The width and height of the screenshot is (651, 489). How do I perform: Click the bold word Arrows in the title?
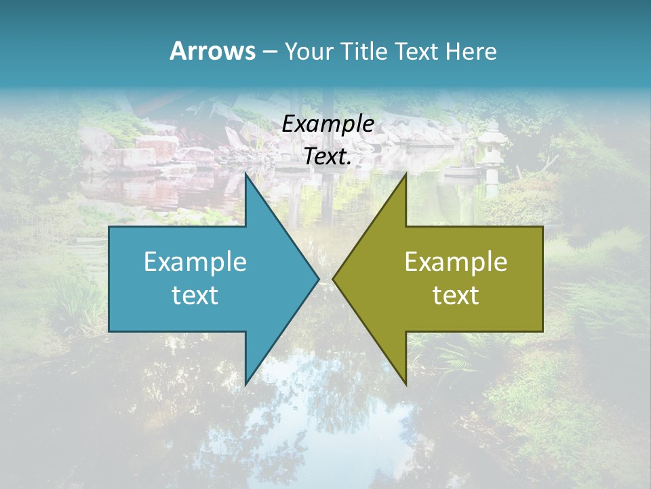212,51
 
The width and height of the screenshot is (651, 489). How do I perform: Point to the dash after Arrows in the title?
269,52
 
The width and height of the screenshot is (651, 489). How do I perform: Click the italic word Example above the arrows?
328,124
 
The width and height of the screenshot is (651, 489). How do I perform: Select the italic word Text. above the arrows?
328,157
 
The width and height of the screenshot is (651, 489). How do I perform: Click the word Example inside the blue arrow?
195,261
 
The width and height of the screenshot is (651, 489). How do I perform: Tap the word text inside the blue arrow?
195,295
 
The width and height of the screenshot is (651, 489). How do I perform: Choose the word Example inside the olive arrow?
456,261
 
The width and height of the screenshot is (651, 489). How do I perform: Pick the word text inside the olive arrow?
456,295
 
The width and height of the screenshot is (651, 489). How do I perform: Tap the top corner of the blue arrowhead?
245,175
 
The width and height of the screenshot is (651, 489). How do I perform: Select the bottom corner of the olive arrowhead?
406,383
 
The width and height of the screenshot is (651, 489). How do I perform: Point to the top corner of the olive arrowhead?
406,175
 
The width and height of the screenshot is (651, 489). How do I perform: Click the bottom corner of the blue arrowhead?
245,383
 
